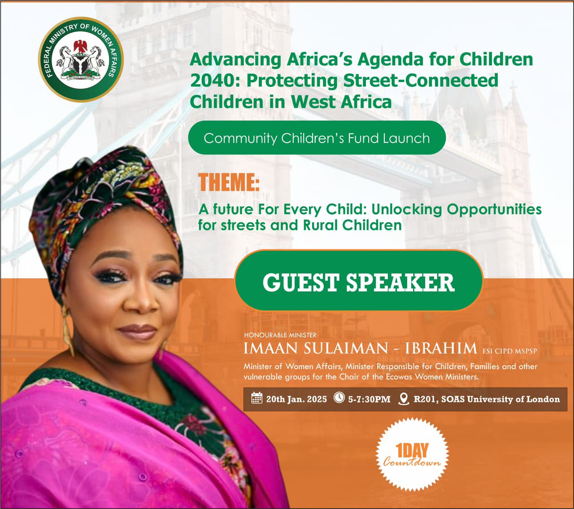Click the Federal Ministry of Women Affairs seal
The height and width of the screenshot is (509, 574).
tap(81, 60)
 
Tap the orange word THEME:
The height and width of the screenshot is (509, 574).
tap(229, 182)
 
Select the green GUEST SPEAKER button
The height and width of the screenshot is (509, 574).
tap(359, 280)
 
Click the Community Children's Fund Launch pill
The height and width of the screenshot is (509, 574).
tap(317, 138)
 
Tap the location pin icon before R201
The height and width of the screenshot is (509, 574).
tap(404, 399)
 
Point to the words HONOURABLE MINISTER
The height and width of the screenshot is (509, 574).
tap(280, 335)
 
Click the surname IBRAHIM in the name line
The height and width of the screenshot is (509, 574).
tap(441, 349)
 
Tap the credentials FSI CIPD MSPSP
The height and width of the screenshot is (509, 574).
tap(510, 351)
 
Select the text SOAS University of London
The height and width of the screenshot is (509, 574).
tap(499, 399)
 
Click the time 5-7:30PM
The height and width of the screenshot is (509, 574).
tap(369, 399)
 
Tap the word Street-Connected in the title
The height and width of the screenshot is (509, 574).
tap(421, 80)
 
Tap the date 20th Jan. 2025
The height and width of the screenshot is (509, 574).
tap(296, 399)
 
